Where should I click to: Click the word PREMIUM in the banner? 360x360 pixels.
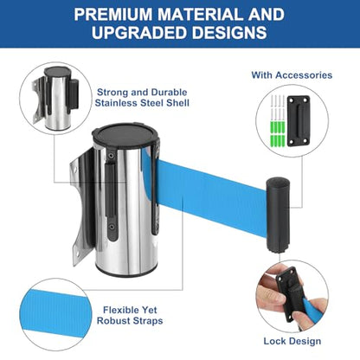click(113, 15)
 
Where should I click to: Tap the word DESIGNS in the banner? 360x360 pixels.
click(229, 32)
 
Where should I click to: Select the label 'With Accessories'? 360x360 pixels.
click(292, 75)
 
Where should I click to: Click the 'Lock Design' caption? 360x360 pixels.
click(292, 341)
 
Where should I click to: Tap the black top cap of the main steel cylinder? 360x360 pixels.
click(126, 134)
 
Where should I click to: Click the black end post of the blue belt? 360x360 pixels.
click(278, 215)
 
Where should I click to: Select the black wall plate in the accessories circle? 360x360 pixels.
click(299, 120)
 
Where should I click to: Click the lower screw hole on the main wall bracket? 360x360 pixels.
click(77, 254)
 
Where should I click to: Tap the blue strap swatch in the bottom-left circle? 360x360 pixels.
click(55, 314)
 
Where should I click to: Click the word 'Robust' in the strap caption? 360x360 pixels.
click(114, 321)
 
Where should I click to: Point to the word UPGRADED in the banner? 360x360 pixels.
click(139, 32)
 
